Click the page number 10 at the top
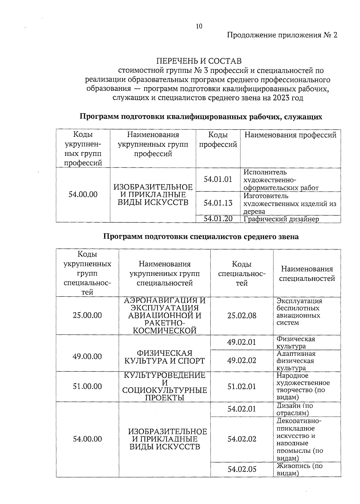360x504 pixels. coord(199,26)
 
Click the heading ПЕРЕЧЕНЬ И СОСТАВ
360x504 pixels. coord(199,61)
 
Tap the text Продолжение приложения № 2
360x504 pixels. coord(282,35)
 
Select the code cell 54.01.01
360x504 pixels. coord(218,179)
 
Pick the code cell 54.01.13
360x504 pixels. coord(218,203)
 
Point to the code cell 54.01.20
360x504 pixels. coord(218,219)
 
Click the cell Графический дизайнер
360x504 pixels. coord(281,219)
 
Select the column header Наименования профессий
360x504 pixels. coord(290,135)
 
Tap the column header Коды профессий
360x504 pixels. coord(218,140)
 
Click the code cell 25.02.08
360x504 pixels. coord(242,316)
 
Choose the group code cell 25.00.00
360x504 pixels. coord(87,315)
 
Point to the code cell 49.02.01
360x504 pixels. coord(242,342)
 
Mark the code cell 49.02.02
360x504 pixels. coord(242,360)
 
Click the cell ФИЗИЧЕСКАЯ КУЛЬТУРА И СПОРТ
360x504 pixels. coord(164,357)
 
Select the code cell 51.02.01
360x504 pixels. coord(242,386)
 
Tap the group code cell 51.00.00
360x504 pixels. coord(87,386)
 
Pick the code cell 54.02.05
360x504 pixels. coord(242,469)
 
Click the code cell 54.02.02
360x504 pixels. coord(242,439)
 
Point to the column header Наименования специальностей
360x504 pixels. coord(307,274)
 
